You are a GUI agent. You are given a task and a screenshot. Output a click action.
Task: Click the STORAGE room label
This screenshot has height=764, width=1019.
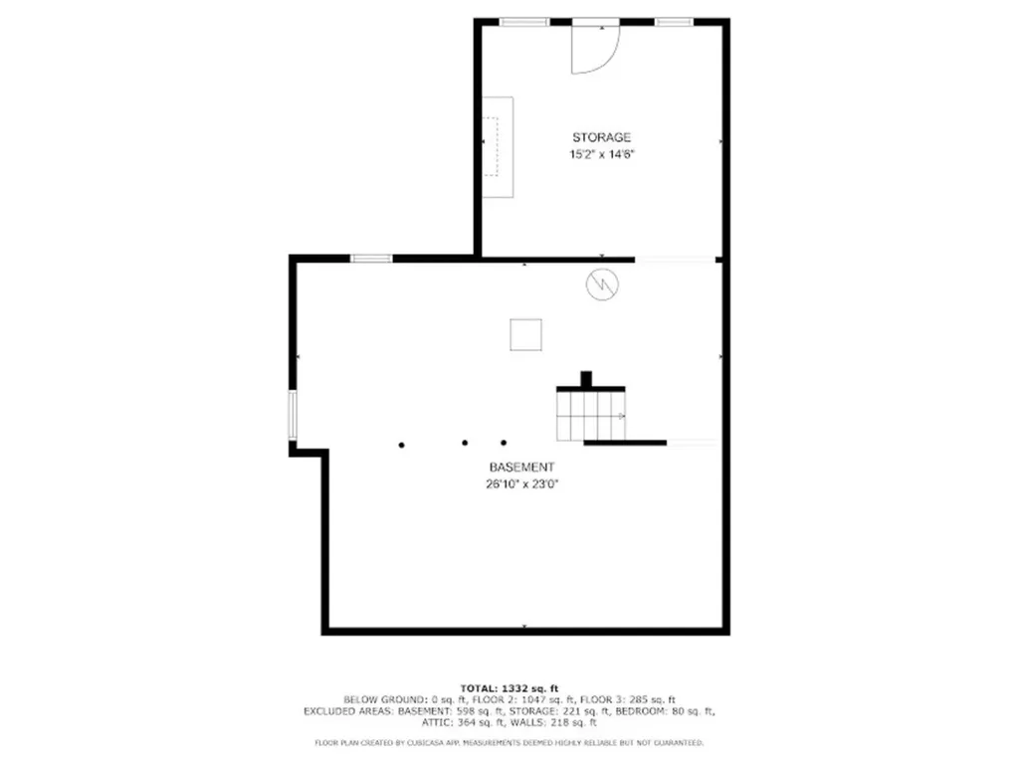601,137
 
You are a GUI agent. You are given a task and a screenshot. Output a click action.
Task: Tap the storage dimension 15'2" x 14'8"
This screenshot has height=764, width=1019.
601,154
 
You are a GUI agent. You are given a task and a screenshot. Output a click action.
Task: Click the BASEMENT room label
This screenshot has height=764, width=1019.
520,468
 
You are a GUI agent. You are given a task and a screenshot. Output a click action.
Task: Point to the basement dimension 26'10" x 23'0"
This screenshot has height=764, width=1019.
520,484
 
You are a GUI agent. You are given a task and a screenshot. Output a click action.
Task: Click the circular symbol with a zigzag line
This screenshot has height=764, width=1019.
601,286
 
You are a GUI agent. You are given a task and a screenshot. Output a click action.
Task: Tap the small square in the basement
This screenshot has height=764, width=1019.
525,334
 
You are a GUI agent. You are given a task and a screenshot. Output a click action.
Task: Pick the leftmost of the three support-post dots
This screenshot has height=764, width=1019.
402,444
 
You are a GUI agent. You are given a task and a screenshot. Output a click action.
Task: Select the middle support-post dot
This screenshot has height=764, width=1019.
464,443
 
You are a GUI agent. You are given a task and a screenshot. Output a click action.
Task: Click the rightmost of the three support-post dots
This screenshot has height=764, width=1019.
504,443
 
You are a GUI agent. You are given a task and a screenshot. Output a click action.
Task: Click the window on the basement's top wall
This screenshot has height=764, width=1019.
370,259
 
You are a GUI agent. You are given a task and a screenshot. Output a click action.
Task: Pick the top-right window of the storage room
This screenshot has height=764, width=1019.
674,22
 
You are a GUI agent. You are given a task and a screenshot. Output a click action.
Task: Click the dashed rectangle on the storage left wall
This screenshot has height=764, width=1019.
490,146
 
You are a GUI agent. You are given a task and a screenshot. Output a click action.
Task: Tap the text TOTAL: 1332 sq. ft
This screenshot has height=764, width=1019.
509,688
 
